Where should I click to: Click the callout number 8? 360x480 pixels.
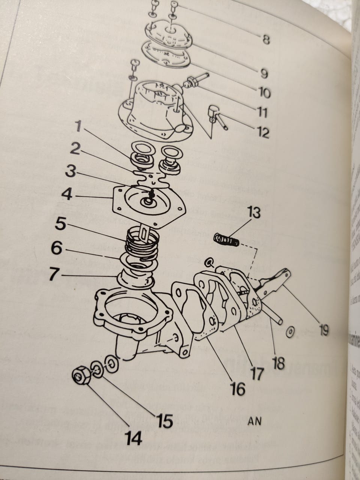[x=266, y=39]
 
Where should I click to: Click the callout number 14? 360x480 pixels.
[x=134, y=437]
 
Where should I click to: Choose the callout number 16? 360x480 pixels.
[x=238, y=389]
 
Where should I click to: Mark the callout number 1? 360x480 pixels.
[x=78, y=127]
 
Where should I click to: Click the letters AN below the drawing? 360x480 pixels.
[x=254, y=421]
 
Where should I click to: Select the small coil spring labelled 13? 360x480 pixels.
[x=226, y=240]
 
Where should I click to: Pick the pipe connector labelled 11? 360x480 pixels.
[x=193, y=81]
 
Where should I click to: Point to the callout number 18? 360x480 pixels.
[x=278, y=363]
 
